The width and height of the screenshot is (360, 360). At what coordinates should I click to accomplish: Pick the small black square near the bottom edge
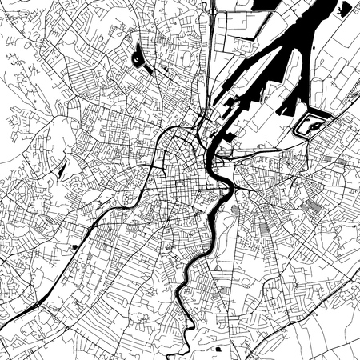217,349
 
